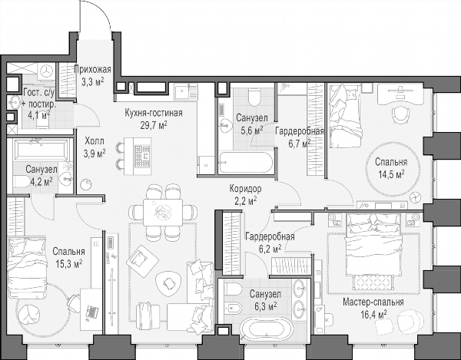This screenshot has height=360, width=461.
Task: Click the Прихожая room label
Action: point(93,70)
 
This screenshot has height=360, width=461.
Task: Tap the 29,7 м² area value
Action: point(154,125)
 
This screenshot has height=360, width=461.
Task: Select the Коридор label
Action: point(246,189)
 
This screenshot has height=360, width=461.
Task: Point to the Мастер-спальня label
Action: point(373,302)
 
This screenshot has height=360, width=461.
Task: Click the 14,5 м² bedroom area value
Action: point(391,175)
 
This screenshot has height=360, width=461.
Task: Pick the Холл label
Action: point(95,141)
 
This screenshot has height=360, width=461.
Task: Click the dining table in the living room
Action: point(163,213)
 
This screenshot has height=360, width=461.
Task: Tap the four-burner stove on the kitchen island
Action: point(142,157)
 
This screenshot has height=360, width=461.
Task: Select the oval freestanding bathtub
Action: point(267,329)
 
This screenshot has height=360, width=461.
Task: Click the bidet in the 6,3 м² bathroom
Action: point(233,309)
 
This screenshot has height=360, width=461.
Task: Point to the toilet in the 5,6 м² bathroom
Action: point(254,96)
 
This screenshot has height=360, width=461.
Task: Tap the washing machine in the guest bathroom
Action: point(46,71)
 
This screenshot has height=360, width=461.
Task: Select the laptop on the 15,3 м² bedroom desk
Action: point(91,312)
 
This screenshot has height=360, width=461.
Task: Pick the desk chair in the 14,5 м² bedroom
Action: point(401,115)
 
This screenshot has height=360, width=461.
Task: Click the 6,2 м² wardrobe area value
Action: point(270,249)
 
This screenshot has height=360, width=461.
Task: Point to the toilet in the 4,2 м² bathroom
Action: point(22,181)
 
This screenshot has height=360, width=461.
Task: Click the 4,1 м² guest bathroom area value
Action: point(39,115)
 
